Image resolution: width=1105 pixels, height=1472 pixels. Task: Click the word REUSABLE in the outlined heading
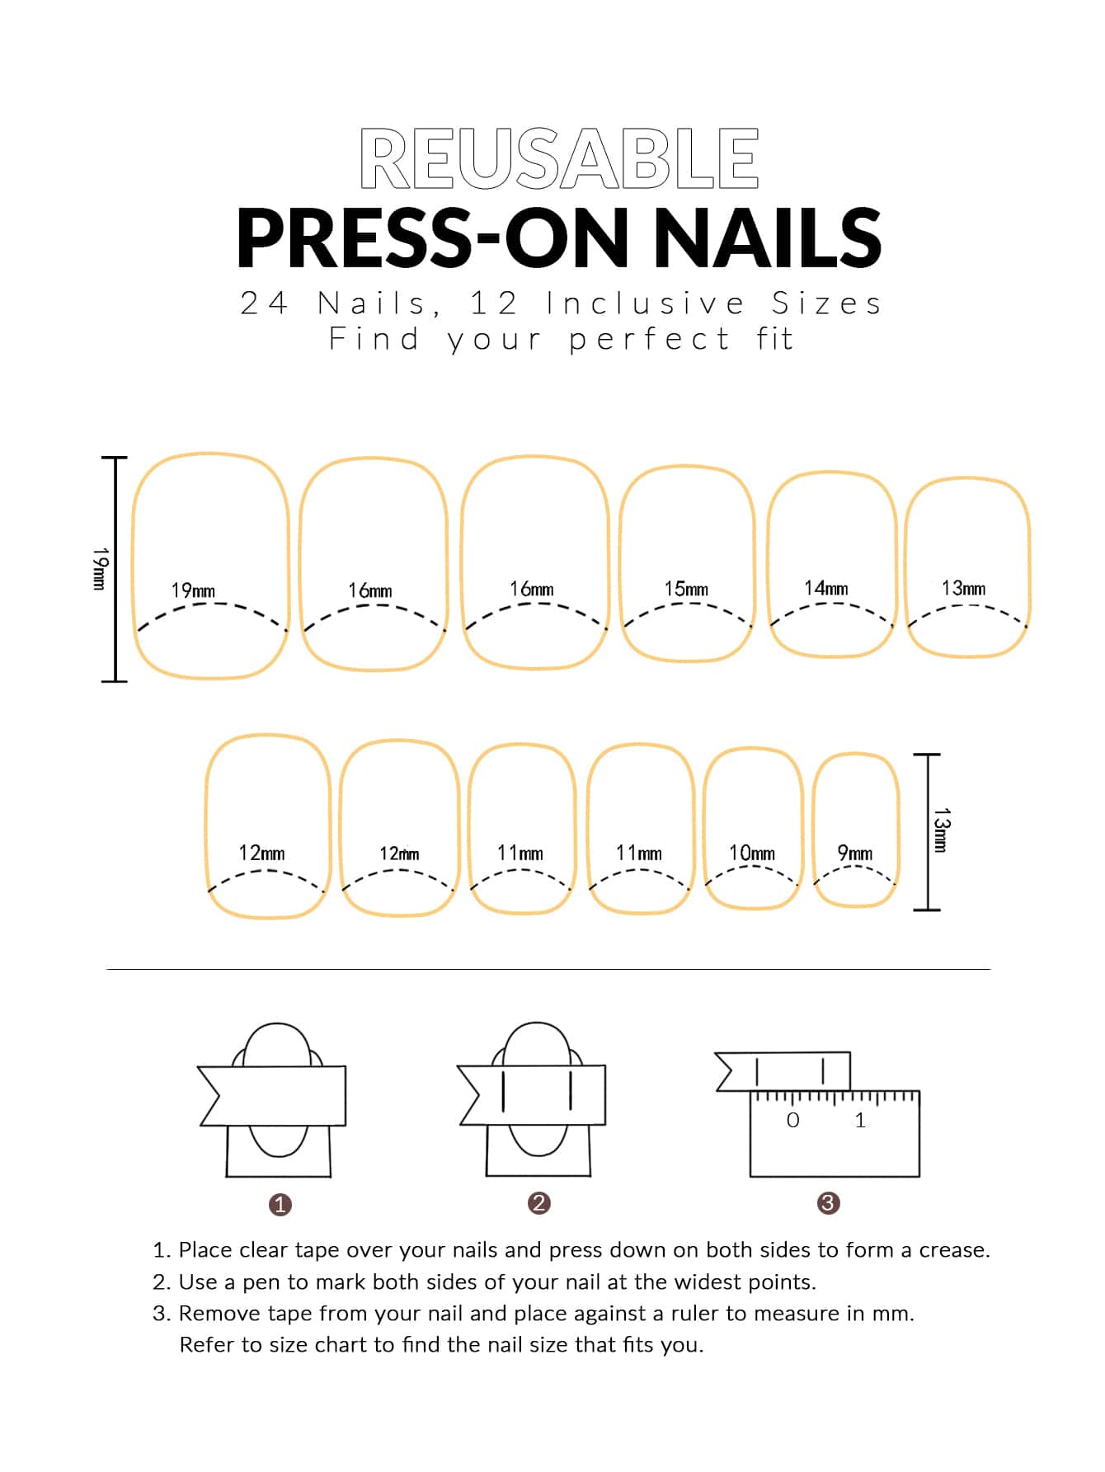click(559, 158)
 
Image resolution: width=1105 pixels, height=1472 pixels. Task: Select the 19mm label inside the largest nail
click(193, 590)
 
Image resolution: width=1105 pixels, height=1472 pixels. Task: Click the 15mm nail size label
click(686, 589)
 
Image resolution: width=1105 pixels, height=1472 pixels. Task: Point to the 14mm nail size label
click(825, 588)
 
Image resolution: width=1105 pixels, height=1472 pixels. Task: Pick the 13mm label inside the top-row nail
click(963, 588)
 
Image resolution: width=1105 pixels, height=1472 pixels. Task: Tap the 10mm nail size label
click(752, 853)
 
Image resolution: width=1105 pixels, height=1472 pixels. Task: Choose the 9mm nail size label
click(855, 853)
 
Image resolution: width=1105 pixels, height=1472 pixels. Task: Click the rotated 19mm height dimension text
click(99, 568)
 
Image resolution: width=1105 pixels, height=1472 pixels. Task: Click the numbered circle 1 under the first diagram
click(280, 1205)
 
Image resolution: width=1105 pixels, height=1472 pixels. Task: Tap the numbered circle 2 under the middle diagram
click(538, 1203)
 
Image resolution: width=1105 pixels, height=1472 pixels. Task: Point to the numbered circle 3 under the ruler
click(828, 1203)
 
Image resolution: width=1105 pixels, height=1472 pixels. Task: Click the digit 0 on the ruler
click(793, 1120)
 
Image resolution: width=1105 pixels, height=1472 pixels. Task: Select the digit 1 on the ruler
click(861, 1120)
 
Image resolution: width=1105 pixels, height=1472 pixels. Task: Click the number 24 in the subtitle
click(264, 303)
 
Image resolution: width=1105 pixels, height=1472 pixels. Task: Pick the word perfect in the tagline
click(650, 340)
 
